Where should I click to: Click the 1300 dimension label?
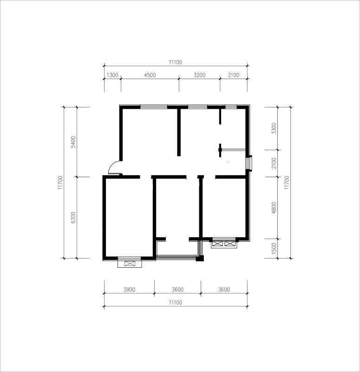tap(112, 75)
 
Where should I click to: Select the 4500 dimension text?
tap(150, 75)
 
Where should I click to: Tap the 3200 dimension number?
tap(200, 75)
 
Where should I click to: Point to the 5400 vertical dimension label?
tap(73, 142)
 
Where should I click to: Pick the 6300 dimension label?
tap(73, 217)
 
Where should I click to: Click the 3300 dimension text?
tap(274, 128)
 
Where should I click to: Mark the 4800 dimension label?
tap(274, 208)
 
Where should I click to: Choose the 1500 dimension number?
tap(274, 248)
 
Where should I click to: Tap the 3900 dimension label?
tap(129, 289)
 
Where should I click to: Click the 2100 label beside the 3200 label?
tap(234, 75)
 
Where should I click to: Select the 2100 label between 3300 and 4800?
tap(274, 163)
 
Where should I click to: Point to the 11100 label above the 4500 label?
tap(176, 62)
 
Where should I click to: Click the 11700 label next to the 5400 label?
tap(60, 182)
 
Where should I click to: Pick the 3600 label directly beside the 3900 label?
tap(178, 289)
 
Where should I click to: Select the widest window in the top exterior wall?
tap(154, 107)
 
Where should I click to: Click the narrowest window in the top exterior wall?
tap(231, 107)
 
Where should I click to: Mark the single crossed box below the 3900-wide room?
tap(130, 263)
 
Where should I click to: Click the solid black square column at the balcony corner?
tap(200, 259)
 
